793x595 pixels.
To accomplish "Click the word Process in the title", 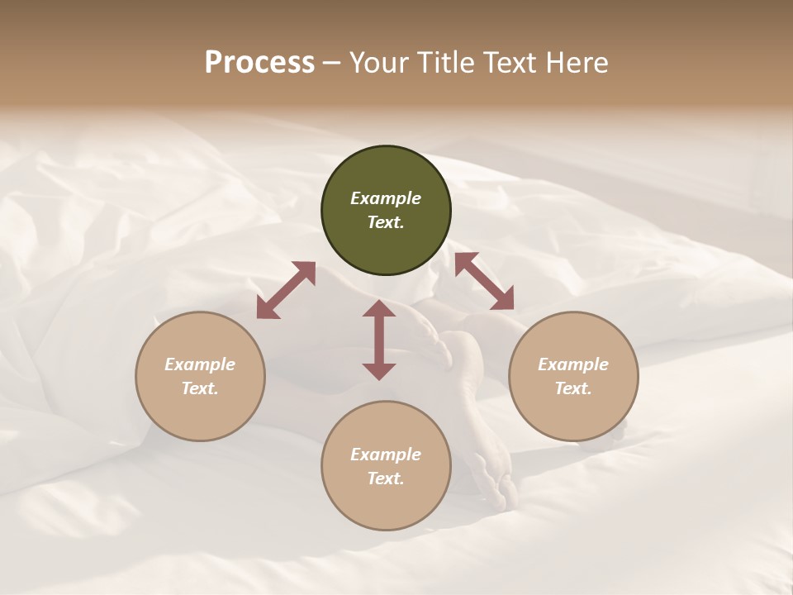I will (259, 63).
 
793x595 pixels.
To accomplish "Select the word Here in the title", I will (575, 63).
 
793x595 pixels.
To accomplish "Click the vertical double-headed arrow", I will (379, 340).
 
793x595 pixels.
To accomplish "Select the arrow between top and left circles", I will (286, 290).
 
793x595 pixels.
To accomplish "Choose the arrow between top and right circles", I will (484, 281).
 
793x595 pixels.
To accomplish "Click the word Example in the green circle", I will (386, 198).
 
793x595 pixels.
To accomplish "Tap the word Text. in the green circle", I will (386, 222).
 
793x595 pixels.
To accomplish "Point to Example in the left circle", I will (200, 364).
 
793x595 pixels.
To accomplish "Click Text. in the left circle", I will (200, 388).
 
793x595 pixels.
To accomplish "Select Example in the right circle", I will (573, 364).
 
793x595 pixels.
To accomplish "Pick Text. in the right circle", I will (573, 388).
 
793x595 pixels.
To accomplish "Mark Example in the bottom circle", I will (386, 455).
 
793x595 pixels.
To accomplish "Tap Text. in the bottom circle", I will (386, 478).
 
